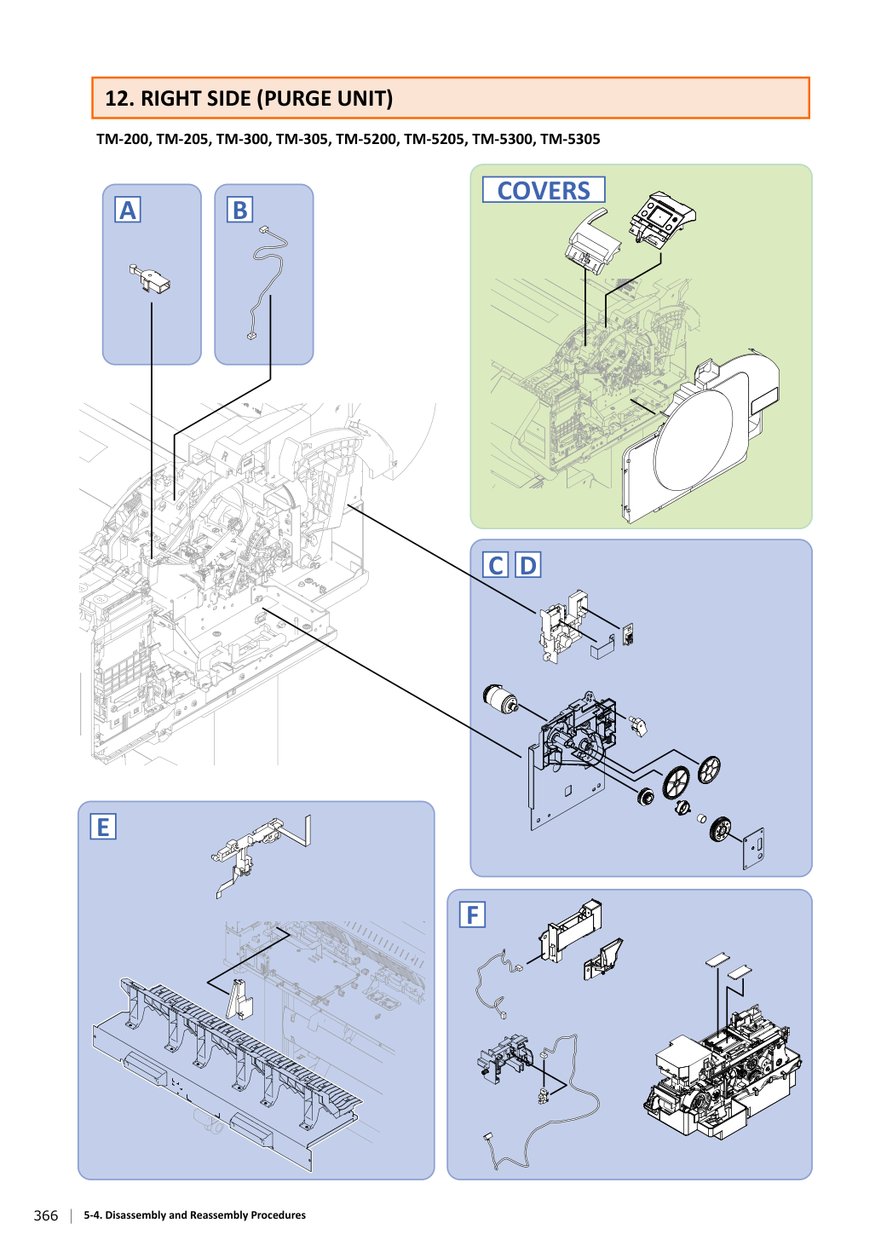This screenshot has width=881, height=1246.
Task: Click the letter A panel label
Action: click(x=127, y=210)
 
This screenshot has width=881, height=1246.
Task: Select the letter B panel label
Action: click(x=239, y=210)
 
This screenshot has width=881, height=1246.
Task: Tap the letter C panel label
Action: click(x=495, y=565)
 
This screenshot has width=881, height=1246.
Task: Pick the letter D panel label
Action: click(x=527, y=565)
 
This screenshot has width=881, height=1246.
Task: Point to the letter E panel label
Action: click(x=103, y=827)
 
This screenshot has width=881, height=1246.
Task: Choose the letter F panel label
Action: click(x=472, y=914)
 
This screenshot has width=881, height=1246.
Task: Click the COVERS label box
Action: click(x=544, y=190)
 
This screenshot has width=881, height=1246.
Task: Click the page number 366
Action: click(x=46, y=1215)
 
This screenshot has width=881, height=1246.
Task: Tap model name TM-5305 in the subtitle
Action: click(x=570, y=139)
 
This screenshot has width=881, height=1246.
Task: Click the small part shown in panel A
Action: click(x=150, y=279)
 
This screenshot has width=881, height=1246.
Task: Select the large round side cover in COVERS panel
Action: click(x=700, y=440)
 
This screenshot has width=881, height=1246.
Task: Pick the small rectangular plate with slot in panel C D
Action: click(x=754, y=848)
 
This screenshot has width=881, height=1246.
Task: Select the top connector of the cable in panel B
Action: click(x=263, y=229)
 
